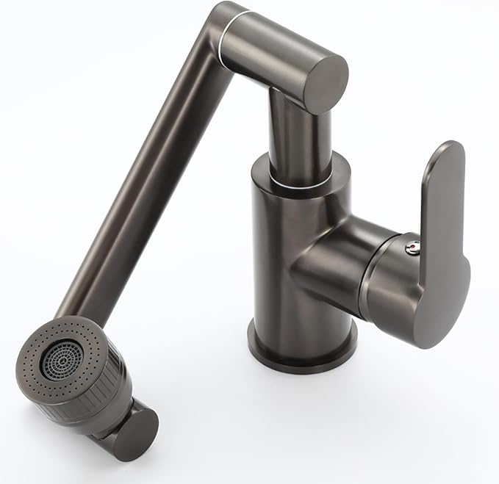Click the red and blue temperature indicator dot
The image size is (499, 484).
tap(413, 246)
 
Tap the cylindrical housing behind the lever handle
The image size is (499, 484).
tap(389, 283)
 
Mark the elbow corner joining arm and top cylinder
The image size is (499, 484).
tap(224, 18)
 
